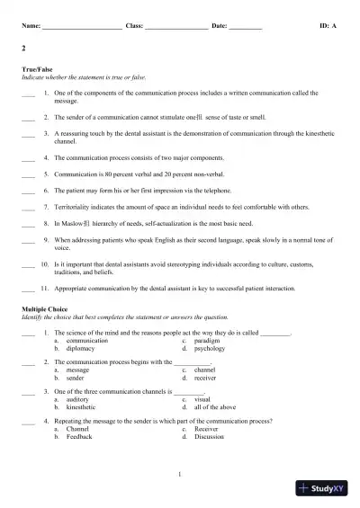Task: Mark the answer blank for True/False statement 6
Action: [27, 192]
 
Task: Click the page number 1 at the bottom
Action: [180, 474]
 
